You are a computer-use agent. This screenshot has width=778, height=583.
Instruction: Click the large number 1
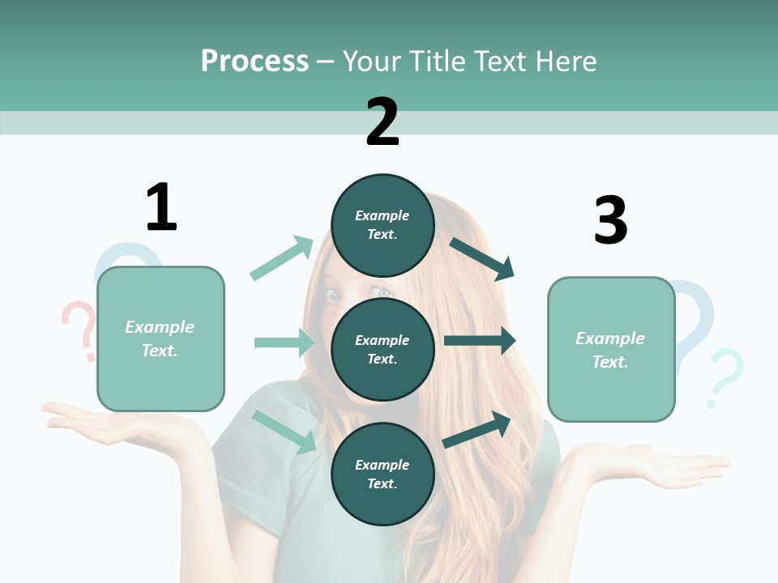(x=161, y=207)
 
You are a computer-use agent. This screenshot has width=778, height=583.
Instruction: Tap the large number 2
(x=383, y=122)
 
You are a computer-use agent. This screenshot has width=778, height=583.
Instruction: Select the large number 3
(x=610, y=220)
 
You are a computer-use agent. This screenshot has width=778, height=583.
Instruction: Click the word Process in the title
(x=254, y=62)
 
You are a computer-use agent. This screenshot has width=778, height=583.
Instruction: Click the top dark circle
(x=383, y=225)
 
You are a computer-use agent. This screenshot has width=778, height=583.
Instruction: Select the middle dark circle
(x=383, y=349)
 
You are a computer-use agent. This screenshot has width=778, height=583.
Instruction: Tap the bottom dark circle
(x=383, y=474)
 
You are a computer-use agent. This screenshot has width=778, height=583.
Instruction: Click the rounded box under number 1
(x=160, y=338)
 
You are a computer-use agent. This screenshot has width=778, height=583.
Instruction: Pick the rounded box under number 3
(x=611, y=349)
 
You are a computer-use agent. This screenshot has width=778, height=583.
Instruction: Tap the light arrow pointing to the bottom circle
(x=284, y=432)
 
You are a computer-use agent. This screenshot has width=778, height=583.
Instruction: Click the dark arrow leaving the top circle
(x=482, y=258)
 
